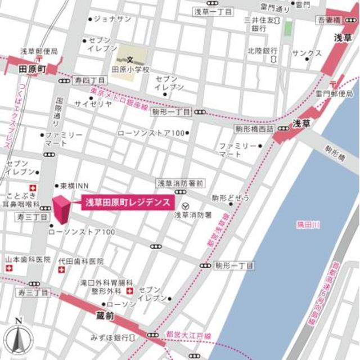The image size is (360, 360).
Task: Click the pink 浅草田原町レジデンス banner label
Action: coord(127,202)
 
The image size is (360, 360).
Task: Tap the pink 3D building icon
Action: coord(61,210)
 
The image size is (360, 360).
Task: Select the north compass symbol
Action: coord(18,338)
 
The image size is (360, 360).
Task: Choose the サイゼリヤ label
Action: coord(93,104)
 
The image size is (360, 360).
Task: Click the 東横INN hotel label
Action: coord(75,186)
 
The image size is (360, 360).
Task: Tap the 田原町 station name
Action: coord(32,69)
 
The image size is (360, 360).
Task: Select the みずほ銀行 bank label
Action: coord(110,337)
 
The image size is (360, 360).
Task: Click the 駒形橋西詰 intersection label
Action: coord(254,129)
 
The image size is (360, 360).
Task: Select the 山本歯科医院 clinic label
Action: coord(28,260)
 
